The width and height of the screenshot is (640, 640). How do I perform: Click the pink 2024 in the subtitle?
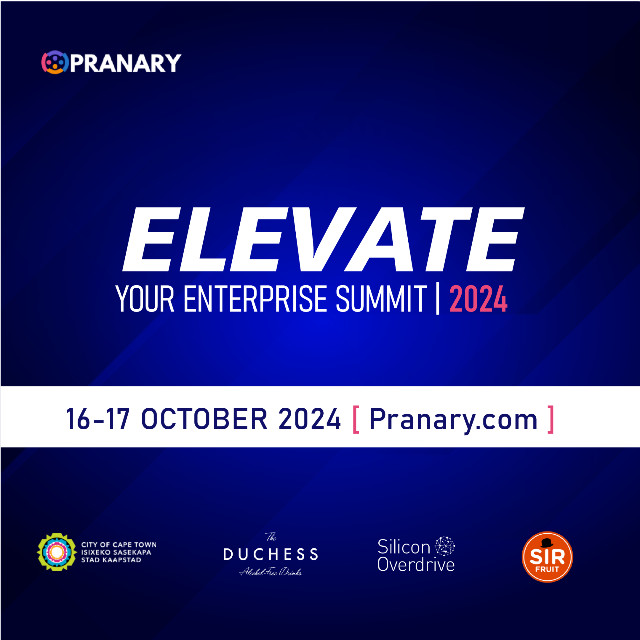click(478, 300)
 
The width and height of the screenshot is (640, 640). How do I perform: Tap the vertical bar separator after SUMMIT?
click(438, 300)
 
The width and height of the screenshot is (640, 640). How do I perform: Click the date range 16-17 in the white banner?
click(98, 419)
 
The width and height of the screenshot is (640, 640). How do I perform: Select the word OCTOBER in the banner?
click(204, 419)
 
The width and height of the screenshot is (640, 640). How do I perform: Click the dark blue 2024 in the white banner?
click(309, 419)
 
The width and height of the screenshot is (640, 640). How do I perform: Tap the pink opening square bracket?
click(356, 419)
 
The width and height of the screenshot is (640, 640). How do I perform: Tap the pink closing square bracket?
click(551, 419)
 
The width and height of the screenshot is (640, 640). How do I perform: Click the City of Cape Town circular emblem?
click(57, 552)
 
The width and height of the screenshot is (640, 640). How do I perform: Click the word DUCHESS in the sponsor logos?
click(270, 554)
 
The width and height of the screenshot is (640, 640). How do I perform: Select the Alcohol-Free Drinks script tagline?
click(270, 572)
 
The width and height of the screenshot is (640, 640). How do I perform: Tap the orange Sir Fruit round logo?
click(547, 557)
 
